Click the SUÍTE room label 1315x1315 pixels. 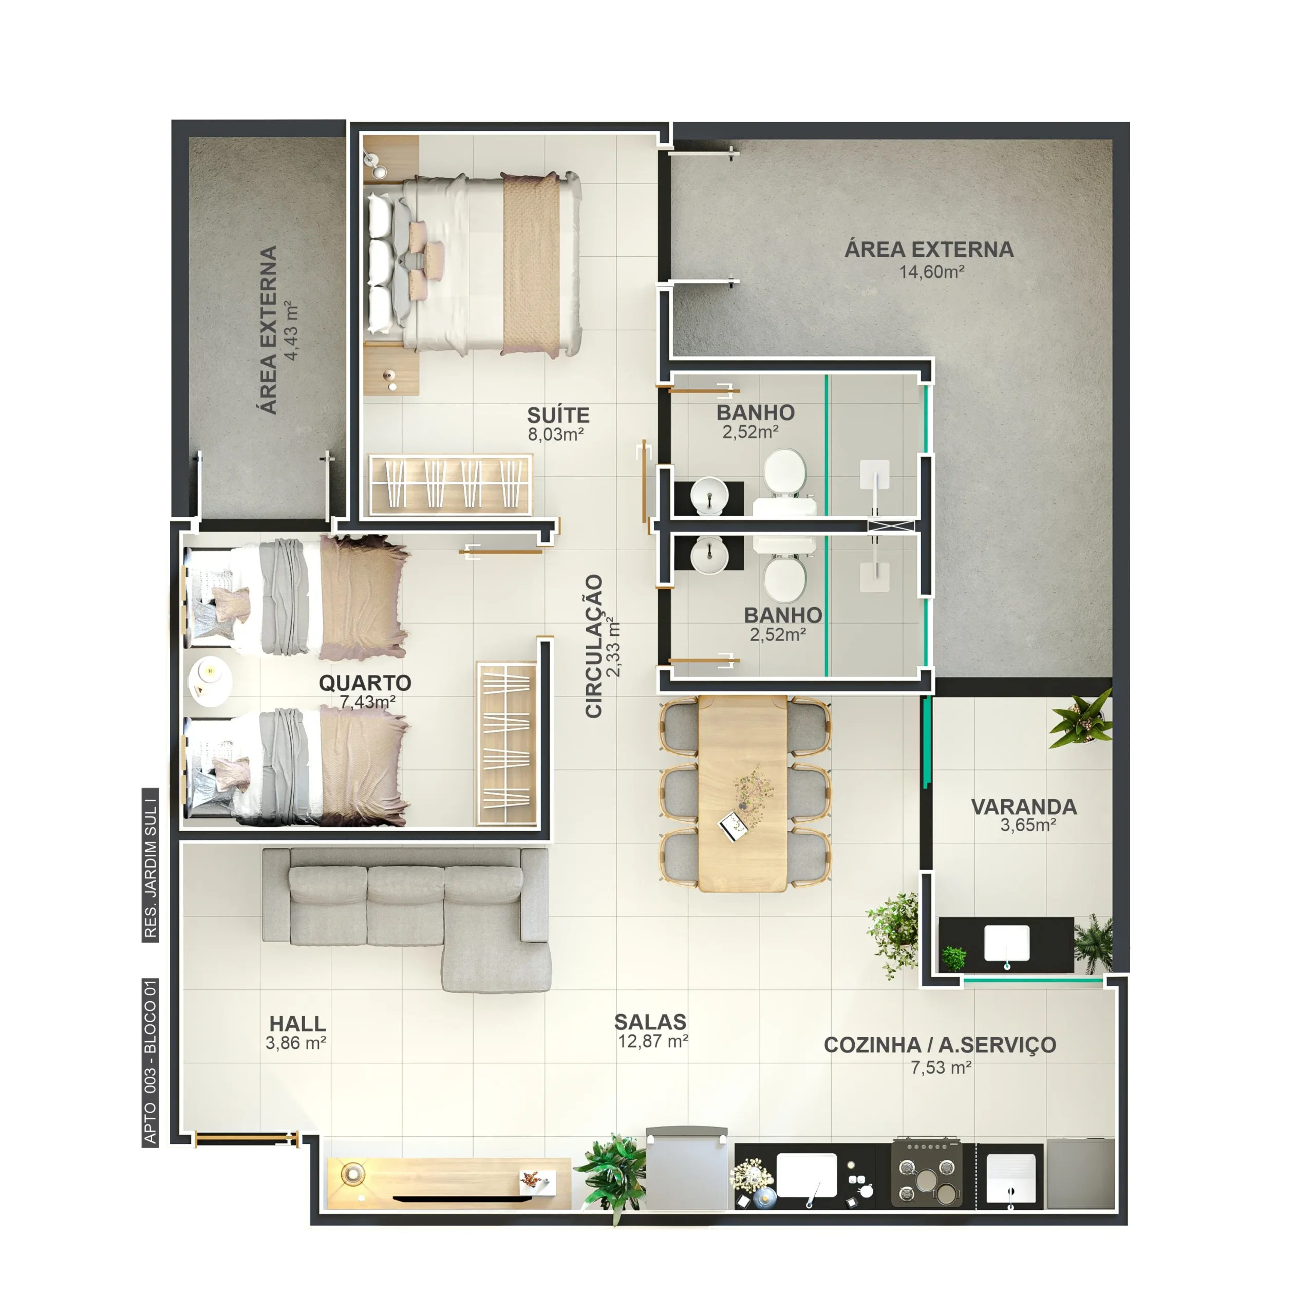tap(558, 415)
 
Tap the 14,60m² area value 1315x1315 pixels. tap(931, 272)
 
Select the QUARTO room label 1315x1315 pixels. tap(365, 683)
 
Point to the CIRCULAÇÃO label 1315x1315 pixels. tap(594, 646)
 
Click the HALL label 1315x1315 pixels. tap(297, 1024)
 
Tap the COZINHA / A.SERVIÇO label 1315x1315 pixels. tap(940, 1045)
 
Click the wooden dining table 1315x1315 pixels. tap(743, 793)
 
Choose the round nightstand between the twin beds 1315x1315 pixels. tap(210, 681)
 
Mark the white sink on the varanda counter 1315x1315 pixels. tap(1007, 944)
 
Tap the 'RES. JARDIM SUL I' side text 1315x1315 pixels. tap(151, 865)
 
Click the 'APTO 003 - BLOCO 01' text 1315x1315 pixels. tap(151, 1062)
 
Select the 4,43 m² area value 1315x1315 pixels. tap(291, 330)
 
